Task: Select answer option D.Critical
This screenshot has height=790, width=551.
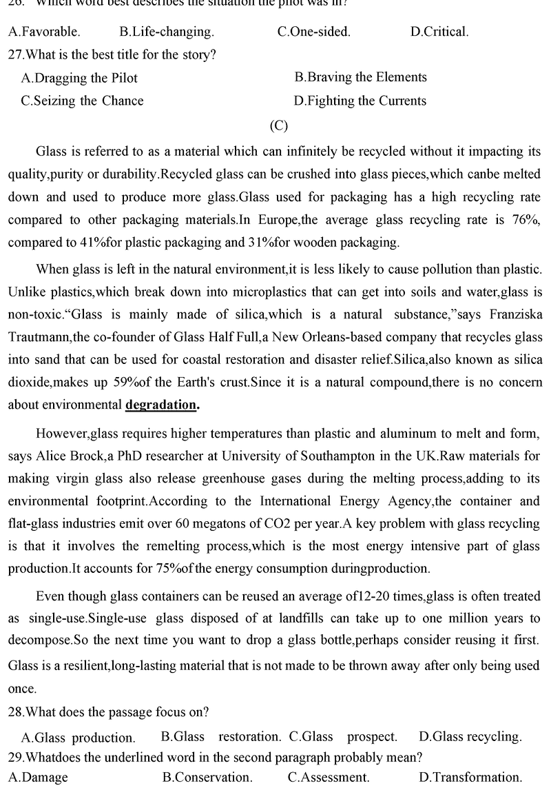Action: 439,31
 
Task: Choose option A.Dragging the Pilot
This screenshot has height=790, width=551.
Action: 79,78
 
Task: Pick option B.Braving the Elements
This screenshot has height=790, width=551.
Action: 360,77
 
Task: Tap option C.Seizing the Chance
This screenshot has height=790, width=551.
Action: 82,101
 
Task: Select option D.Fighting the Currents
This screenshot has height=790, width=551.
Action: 360,101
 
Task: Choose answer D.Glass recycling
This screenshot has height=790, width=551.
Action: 470,736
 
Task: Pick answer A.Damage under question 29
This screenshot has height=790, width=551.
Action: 38,778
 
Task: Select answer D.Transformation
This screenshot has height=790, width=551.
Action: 470,778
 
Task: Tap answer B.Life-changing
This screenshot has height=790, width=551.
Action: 166,31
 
